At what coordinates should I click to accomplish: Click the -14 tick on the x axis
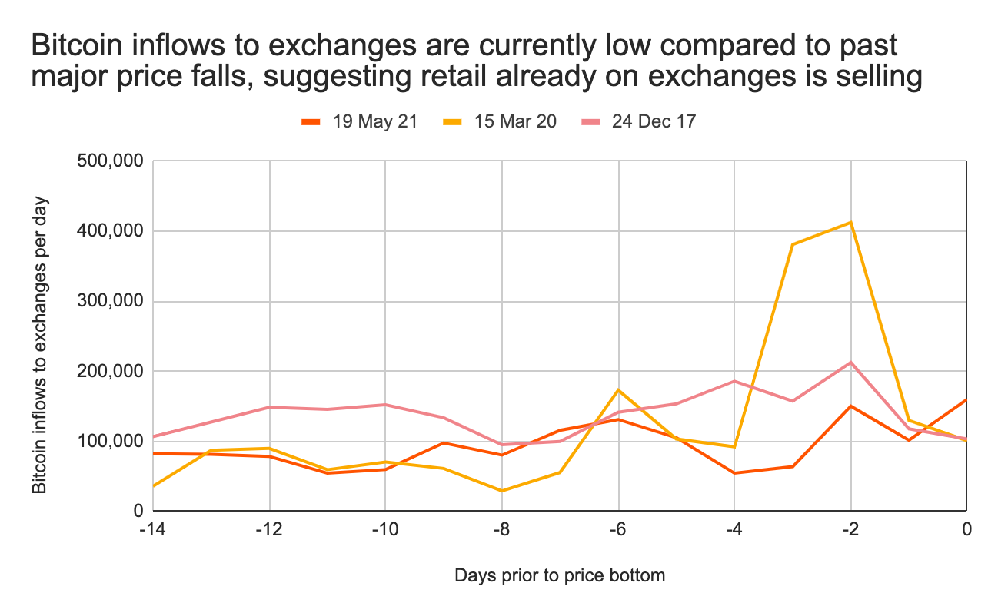154,530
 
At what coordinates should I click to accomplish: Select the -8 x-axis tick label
501,530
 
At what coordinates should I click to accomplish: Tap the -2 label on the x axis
850,530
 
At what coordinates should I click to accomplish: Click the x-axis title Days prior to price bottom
559,575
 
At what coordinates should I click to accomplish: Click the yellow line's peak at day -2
850,222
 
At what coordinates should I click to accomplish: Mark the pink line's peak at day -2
850,362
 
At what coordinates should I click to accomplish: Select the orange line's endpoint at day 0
966,399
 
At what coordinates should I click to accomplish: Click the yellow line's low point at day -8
502,491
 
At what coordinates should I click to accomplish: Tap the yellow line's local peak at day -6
618,389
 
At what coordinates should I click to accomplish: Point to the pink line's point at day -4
734,381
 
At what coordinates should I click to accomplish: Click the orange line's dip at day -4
734,473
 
